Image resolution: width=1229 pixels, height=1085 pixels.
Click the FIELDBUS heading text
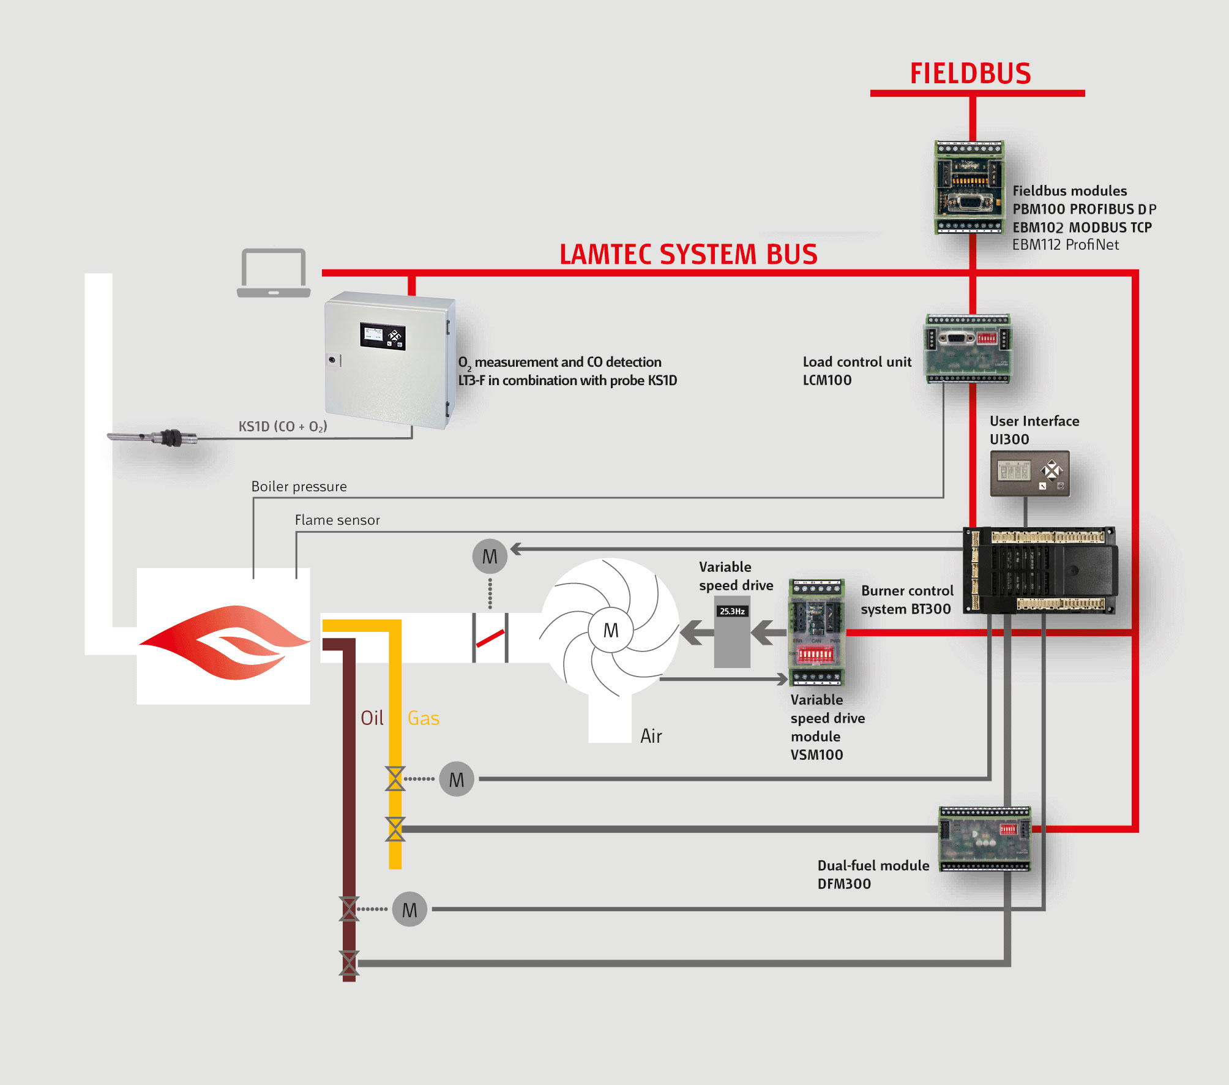coord(970,73)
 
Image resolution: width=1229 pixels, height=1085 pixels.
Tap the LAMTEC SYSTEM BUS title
coord(688,254)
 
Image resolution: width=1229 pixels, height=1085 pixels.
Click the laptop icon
coord(274,273)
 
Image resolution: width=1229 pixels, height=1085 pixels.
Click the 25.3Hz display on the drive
coord(732,611)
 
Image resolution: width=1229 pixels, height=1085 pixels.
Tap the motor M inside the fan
coord(610,630)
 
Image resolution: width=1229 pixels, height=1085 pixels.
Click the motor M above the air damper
coord(490,556)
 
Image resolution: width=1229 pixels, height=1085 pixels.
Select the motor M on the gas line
coord(457,779)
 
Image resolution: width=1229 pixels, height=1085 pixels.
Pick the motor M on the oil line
coord(409,910)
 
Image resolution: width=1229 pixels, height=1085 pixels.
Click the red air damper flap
coord(490,638)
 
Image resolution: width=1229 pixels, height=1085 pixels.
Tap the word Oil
coord(372,718)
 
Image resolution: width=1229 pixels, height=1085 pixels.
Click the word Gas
coord(423,718)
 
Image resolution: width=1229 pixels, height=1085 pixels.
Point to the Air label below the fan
coord(651,735)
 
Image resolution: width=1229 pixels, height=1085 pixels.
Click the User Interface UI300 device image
coord(1029,473)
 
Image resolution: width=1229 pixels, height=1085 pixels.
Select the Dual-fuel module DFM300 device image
coord(985,838)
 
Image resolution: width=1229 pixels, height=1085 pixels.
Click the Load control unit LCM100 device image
coord(967,348)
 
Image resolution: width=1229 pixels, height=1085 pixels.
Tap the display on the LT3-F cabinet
coord(382,336)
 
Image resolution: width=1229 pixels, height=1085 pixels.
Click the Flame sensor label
coord(337,520)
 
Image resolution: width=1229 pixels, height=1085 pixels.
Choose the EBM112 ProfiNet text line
coord(1065,245)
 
